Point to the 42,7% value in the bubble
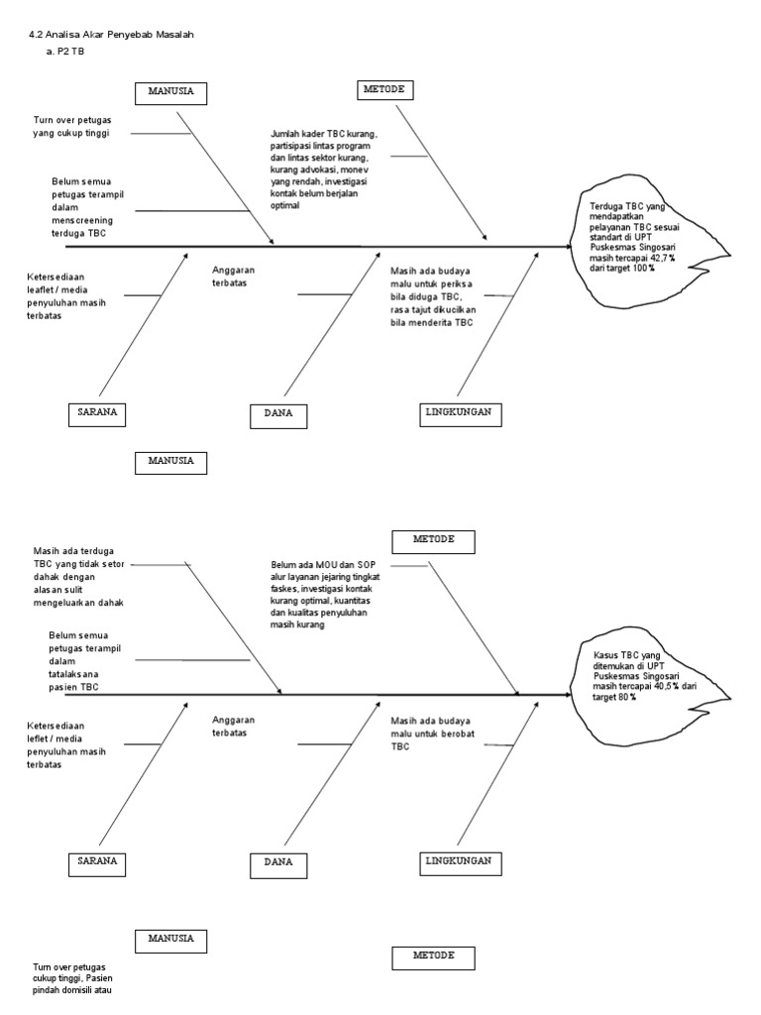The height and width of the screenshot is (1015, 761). (661, 258)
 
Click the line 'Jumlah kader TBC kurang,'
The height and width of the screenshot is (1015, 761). (324, 134)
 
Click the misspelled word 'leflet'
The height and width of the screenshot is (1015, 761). (46, 738)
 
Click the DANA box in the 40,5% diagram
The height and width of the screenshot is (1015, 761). (278, 862)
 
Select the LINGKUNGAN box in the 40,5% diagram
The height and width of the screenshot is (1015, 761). (459, 860)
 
